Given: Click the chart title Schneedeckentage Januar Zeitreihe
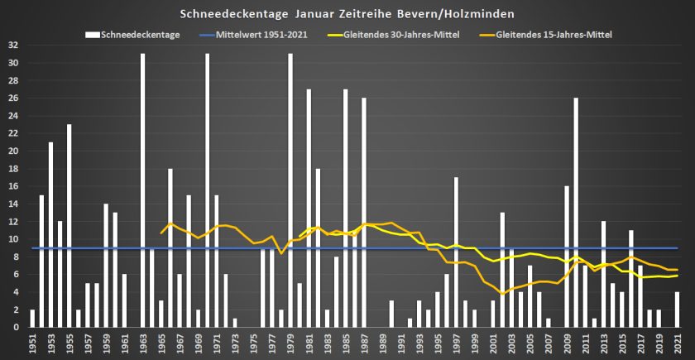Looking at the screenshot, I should (x=347, y=14).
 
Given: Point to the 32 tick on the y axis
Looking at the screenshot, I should (x=14, y=46).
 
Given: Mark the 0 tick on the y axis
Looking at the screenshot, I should (x=17, y=327).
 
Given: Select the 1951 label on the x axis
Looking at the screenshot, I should (x=32, y=341).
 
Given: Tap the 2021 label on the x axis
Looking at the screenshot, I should (x=677, y=341).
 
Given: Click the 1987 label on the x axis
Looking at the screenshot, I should (x=363, y=341).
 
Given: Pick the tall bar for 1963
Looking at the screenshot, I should (x=143, y=190).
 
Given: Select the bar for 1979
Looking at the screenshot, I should (x=290, y=190).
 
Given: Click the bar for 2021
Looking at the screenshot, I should (x=677, y=310).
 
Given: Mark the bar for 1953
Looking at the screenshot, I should (x=50, y=235).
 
